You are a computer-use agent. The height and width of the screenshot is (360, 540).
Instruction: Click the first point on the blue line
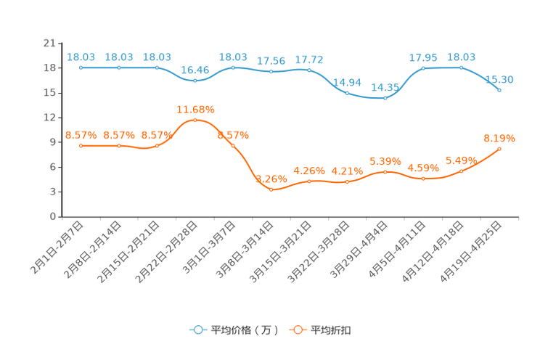click(x=81, y=67)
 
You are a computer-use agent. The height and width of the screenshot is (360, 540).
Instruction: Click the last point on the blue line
click(x=499, y=90)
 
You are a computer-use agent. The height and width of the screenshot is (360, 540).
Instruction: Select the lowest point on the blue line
click(x=385, y=99)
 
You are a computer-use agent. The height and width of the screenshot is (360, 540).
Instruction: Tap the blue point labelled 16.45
click(x=195, y=81)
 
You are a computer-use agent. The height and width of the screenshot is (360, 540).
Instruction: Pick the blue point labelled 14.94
click(x=347, y=93)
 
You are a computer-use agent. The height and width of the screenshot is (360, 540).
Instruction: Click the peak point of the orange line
click(x=195, y=120)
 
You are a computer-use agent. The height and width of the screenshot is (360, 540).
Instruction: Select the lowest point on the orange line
click(x=271, y=190)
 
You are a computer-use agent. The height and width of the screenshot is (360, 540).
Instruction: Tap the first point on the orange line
click(x=81, y=146)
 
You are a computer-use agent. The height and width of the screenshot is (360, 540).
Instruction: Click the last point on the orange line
click(x=499, y=149)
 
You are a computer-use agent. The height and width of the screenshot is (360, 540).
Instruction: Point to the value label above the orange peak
click(x=195, y=110)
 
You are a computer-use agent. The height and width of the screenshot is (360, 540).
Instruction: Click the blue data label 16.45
click(x=195, y=70)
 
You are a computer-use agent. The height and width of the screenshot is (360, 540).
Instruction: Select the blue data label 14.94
click(x=346, y=81)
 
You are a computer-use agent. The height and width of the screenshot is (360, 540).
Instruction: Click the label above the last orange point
click(x=499, y=137)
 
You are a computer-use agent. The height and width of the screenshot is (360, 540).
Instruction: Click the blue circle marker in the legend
click(x=197, y=330)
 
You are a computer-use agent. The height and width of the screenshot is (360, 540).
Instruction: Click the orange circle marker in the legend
click(x=297, y=330)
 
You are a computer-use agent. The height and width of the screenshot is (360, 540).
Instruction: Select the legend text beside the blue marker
click(x=244, y=330)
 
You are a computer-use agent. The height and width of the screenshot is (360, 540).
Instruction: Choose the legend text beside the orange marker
click(x=332, y=330)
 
